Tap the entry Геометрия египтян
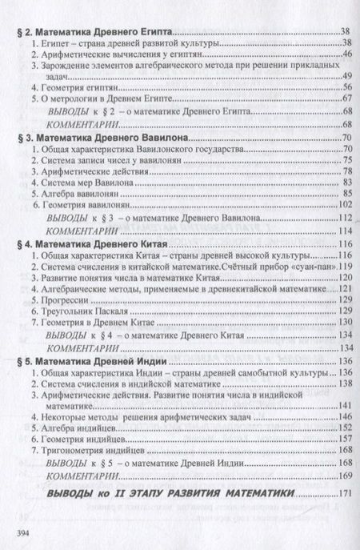pyautogui.click(x=76, y=84)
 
